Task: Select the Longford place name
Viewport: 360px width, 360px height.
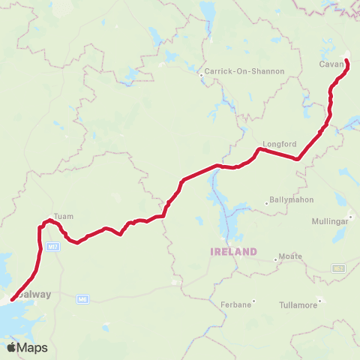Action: tap(280, 144)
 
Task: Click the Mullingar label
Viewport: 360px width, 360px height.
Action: tap(331, 222)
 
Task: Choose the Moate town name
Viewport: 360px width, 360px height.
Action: tap(291, 256)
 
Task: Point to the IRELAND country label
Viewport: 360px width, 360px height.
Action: tap(234, 252)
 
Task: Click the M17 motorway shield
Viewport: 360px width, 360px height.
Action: tap(52, 246)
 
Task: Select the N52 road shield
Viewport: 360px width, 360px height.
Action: tap(338, 268)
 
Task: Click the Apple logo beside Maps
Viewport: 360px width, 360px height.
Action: tap(12, 347)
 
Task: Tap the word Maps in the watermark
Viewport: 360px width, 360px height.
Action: tap(33, 348)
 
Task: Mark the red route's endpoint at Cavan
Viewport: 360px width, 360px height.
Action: tap(346, 60)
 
